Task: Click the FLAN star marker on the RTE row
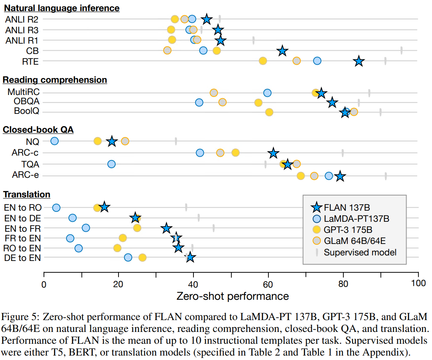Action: coord(359,61)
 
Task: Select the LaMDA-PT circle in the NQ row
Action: coord(54,141)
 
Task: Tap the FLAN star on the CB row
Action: coord(282,51)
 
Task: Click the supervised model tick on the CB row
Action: coord(401,50)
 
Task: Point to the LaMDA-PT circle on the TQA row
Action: coord(111,164)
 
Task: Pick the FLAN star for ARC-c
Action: coord(273,153)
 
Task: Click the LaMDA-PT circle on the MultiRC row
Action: coord(267,92)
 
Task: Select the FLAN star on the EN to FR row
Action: coord(167,228)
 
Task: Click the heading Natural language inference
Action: coord(62,8)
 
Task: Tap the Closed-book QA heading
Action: coord(38,130)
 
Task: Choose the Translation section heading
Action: coord(27,194)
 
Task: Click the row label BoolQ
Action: coord(26,112)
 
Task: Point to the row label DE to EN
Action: coord(22,258)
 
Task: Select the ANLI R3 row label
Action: coord(22,30)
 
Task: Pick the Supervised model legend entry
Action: coord(360,252)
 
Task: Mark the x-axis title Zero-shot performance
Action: coord(233,296)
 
